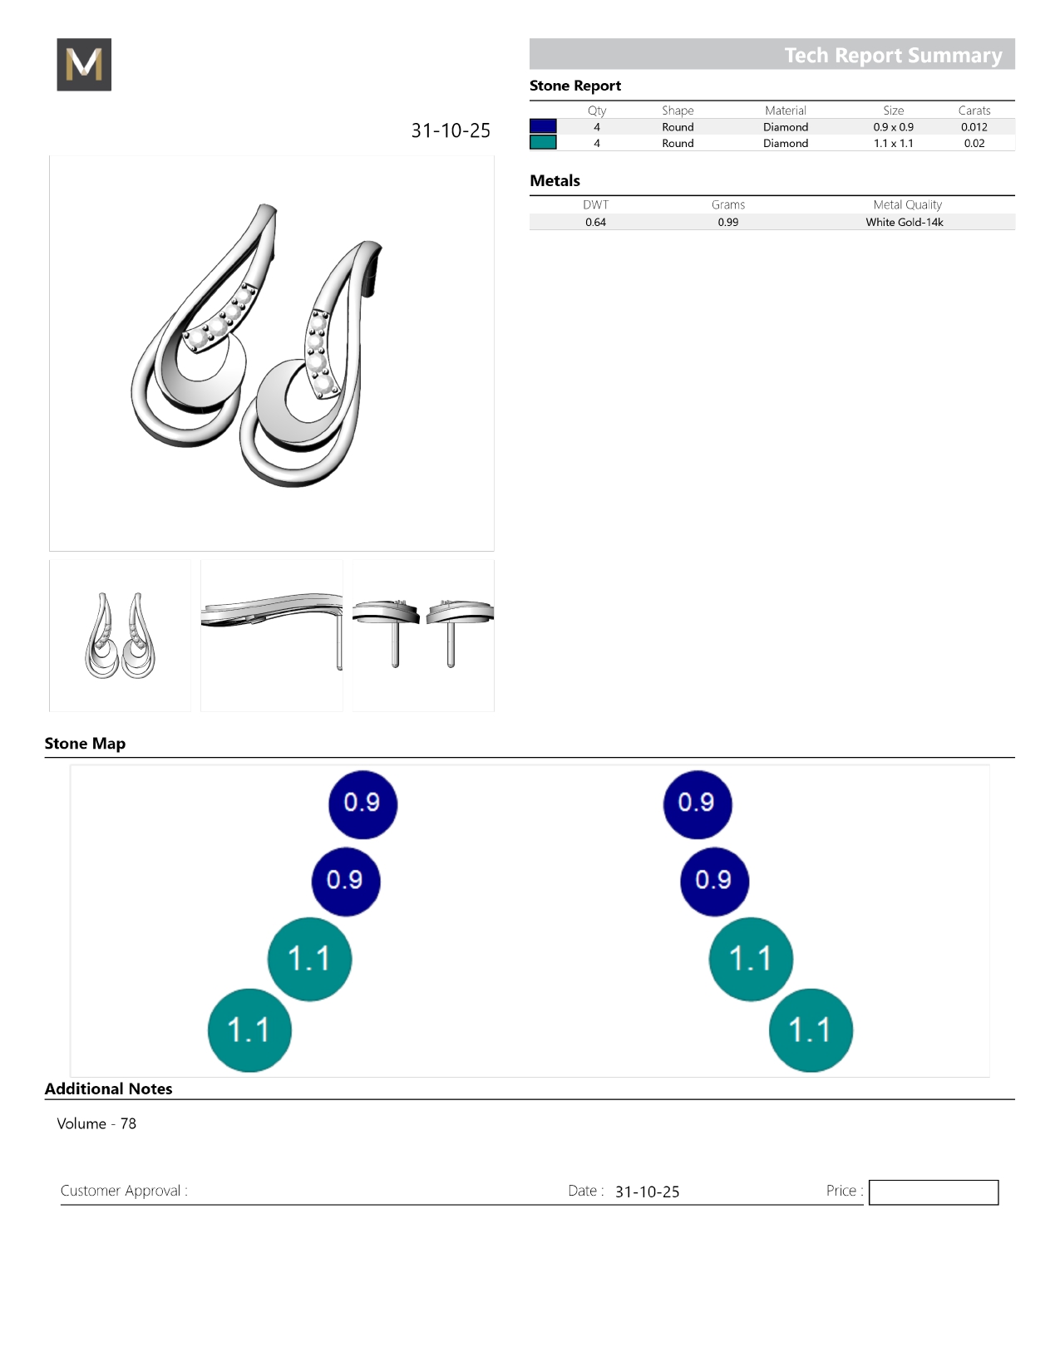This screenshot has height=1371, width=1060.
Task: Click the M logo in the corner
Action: pos(84,65)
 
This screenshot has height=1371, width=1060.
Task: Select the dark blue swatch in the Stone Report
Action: pos(543,126)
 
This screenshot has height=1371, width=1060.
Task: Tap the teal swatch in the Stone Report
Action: pos(543,143)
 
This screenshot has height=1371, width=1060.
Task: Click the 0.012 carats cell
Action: pos(974,127)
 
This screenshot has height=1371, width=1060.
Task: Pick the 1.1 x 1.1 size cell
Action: pos(893,143)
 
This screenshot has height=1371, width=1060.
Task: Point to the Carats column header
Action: pos(974,111)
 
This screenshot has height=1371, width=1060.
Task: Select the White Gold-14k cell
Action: pos(904,222)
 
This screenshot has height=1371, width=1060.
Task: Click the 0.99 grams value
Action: pos(727,222)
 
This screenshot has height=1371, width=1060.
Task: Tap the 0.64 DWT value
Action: pos(595,222)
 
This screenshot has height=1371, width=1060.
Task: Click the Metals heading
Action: pos(555,180)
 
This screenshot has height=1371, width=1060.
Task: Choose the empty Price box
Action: pos(933,1192)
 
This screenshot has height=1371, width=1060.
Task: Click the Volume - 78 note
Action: pos(96,1123)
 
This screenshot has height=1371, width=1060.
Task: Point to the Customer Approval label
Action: pos(124,1191)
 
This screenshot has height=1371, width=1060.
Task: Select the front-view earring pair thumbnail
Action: pos(121,636)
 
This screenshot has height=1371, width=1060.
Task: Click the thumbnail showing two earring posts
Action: pos(423,636)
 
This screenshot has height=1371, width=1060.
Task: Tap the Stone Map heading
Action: pos(85,744)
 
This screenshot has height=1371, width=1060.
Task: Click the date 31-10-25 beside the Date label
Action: pos(647,1192)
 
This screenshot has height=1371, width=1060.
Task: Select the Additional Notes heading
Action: pos(108,1088)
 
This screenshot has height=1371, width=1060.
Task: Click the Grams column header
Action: pos(727,204)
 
